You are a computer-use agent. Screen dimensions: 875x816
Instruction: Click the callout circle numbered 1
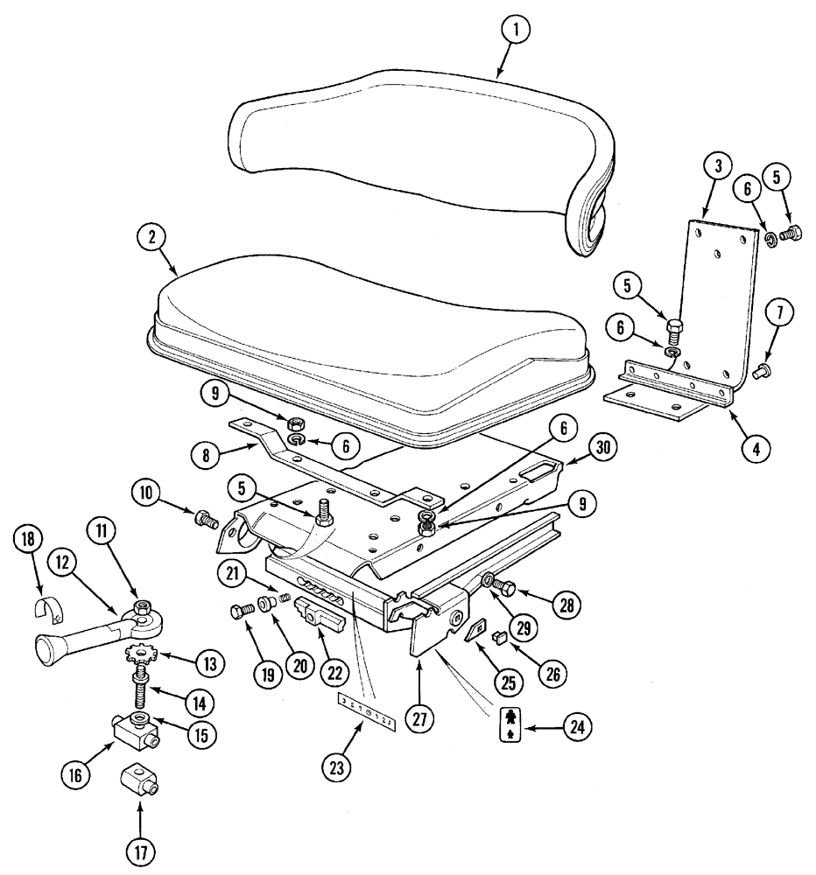[516, 31]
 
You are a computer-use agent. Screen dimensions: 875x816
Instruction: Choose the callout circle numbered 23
[338, 766]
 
